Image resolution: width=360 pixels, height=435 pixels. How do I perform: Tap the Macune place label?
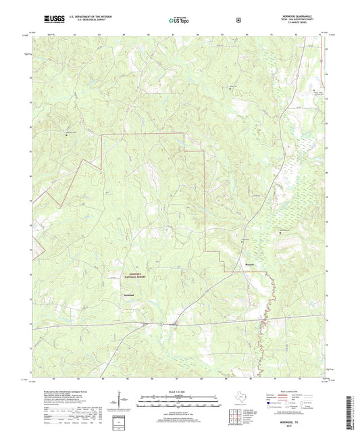[249, 264]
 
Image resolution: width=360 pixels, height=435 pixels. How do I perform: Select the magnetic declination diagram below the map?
[128, 403]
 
